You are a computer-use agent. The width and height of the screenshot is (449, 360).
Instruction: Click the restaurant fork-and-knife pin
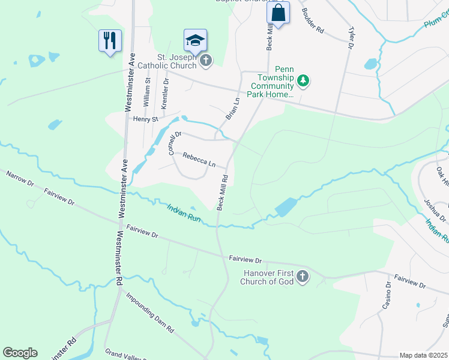coord(110,41)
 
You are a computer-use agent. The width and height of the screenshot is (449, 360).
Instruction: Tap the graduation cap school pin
coord(195,41)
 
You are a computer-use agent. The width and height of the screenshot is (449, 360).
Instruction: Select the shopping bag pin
coord(279,13)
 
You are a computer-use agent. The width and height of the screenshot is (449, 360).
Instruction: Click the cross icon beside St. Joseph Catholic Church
coord(206,60)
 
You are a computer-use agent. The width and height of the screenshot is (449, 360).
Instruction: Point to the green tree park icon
coord(304,80)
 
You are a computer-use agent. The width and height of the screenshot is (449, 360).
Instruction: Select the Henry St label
coord(145,119)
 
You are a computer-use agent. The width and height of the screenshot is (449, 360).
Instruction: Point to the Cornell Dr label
coord(174,144)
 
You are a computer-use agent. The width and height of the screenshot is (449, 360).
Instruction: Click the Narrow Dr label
coord(21,180)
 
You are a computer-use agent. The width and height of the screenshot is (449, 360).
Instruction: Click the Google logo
coord(20,353)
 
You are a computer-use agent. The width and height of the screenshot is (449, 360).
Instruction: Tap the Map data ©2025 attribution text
coord(423,355)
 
